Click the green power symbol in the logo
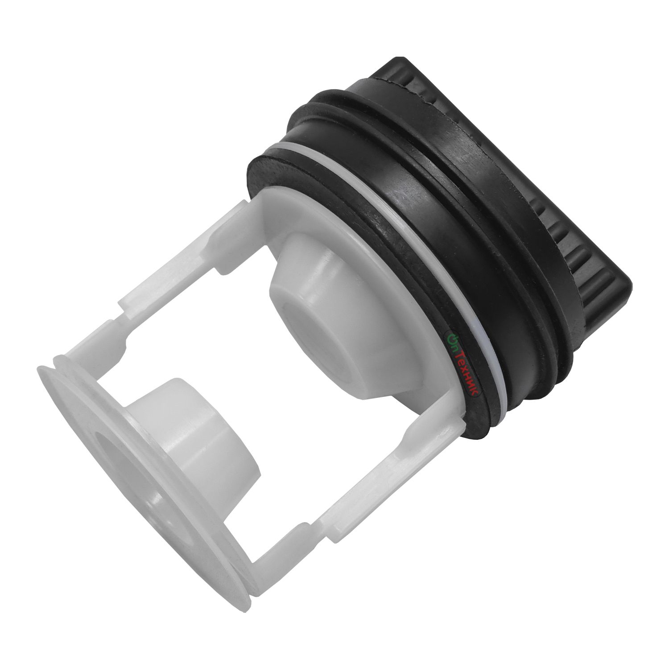pyautogui.click(x=450, y=339)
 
